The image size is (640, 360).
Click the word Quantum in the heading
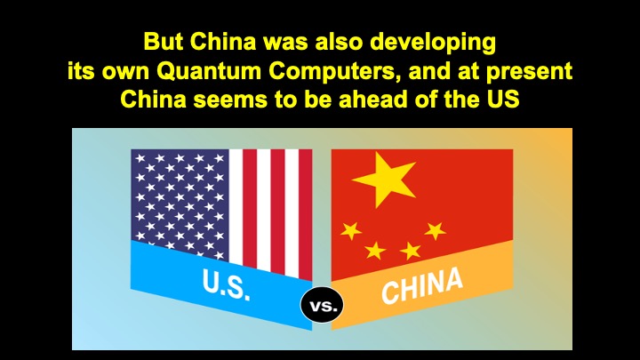coord(209,71)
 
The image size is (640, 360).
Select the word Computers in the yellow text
coord(335,70)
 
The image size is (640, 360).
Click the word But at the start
coord(164,42)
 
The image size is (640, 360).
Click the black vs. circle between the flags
coord(322,305)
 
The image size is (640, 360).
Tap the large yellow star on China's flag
coord(384,178)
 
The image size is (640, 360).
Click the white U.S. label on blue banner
coord(226,284)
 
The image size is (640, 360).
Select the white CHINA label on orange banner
coord(422,285)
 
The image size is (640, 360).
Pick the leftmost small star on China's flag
coord(351,231)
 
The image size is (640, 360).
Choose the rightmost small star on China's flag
coord(435,230)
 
